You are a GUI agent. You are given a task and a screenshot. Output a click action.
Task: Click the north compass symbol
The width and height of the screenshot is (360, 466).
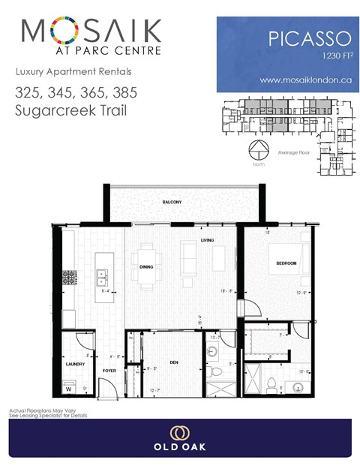[258, 149]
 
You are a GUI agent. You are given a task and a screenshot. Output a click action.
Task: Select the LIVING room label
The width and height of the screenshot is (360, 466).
[208, 240]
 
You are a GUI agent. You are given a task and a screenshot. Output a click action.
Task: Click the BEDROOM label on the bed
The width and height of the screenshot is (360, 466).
[286, 263]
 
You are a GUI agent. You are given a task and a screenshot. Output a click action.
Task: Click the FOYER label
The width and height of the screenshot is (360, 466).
[109, 370]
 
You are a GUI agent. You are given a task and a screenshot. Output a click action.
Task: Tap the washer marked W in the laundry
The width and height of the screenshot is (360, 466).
[70, 389]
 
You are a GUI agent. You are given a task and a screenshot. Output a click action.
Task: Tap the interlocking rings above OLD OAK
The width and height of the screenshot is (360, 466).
[180, 433]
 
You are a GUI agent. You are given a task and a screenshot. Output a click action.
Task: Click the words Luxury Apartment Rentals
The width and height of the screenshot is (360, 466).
[62, 71]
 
